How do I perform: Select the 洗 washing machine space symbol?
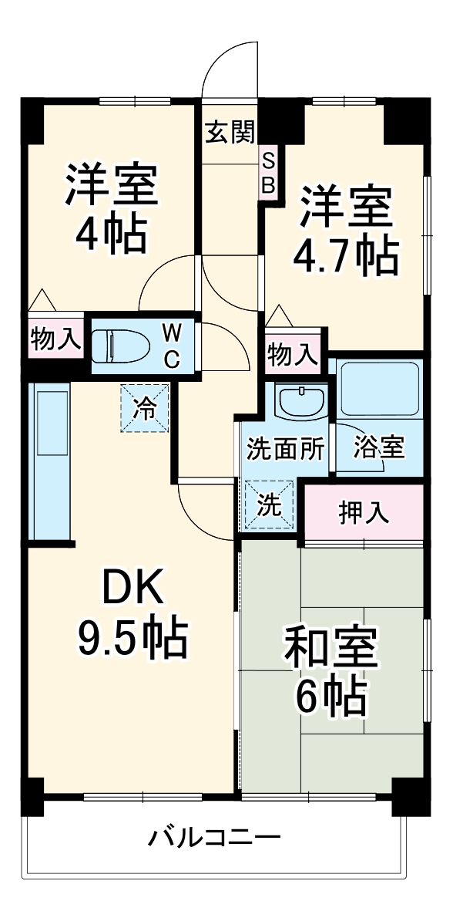[x=269, y=505]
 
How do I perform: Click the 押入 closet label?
[x=364, y=513]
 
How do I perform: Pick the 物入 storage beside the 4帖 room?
[x=55, y=339]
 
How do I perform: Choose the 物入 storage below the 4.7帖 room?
[x=292, y=355]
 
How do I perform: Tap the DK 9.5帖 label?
[x=132, y=613]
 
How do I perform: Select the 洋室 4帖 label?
[x=112, y=208]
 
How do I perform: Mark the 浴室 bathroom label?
[x=379, y=447]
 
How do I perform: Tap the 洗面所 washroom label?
[x=286, y=450]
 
